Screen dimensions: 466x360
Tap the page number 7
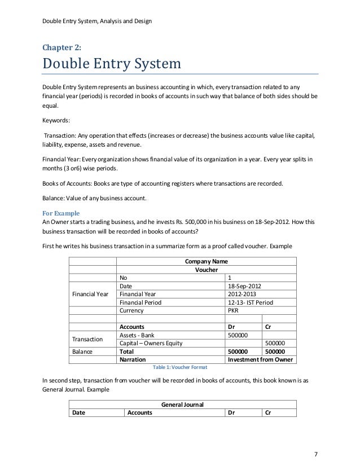coord(316,454)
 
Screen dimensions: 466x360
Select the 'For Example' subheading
coord(62,213)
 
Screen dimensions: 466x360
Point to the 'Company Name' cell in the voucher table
coord(207,261)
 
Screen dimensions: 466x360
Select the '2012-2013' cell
coord(242,294)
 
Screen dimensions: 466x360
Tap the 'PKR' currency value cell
coord(232,310)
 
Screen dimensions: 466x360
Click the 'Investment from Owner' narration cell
coord(261,359)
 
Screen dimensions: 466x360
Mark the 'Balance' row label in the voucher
coord(83,351)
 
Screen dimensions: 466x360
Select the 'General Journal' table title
coord(182,405)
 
